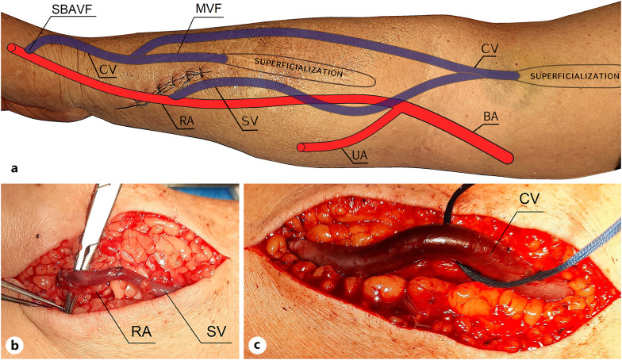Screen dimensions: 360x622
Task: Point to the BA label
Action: (493, 116)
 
